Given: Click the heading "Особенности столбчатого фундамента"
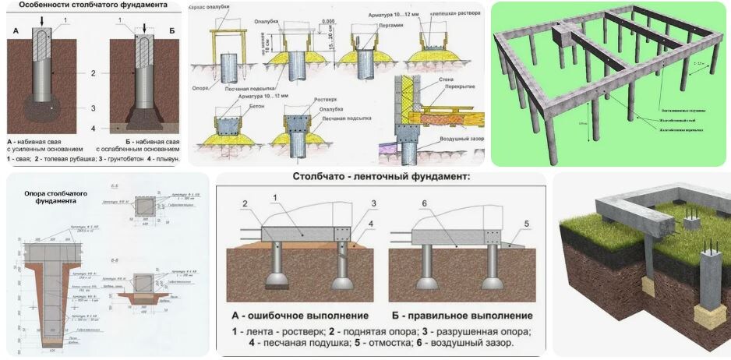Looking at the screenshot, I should tap(93, 5).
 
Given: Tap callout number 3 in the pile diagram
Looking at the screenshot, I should tap(93, 108).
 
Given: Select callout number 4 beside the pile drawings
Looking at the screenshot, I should tap(93, 128).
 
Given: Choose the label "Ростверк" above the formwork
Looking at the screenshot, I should tap(300, 99).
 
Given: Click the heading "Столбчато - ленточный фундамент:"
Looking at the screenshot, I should tap(382, 177).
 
